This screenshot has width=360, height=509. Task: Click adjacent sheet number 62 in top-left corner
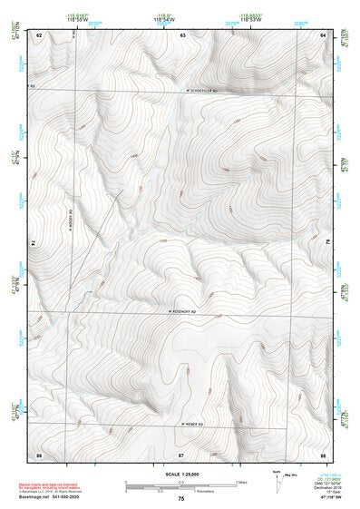tap(38, 34)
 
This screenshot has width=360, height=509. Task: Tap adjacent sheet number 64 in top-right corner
tap(323, 34)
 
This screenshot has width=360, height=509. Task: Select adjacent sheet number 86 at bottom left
tap(38, 453)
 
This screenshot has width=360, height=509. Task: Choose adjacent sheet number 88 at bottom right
tap(323, 453)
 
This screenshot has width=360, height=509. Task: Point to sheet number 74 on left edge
tap(34, 243)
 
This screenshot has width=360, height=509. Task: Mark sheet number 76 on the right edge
tap(327, 243)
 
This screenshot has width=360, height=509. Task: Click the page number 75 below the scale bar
tap(180, 499)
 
